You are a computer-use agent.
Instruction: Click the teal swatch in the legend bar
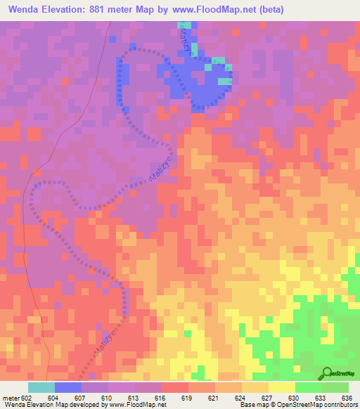[x=41, y=387]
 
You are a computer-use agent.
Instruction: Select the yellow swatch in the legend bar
[x=282, y=387]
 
